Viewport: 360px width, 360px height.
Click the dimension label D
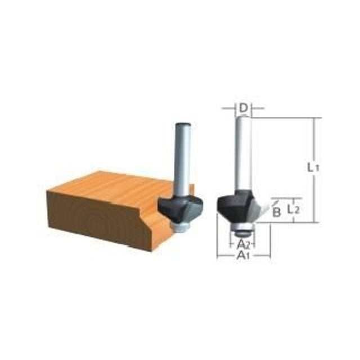tap(243, 108)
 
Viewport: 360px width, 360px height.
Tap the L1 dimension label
tap(313, 168)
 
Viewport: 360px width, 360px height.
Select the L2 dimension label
tap(294, 209)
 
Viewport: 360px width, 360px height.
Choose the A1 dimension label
tap(243, 255)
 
